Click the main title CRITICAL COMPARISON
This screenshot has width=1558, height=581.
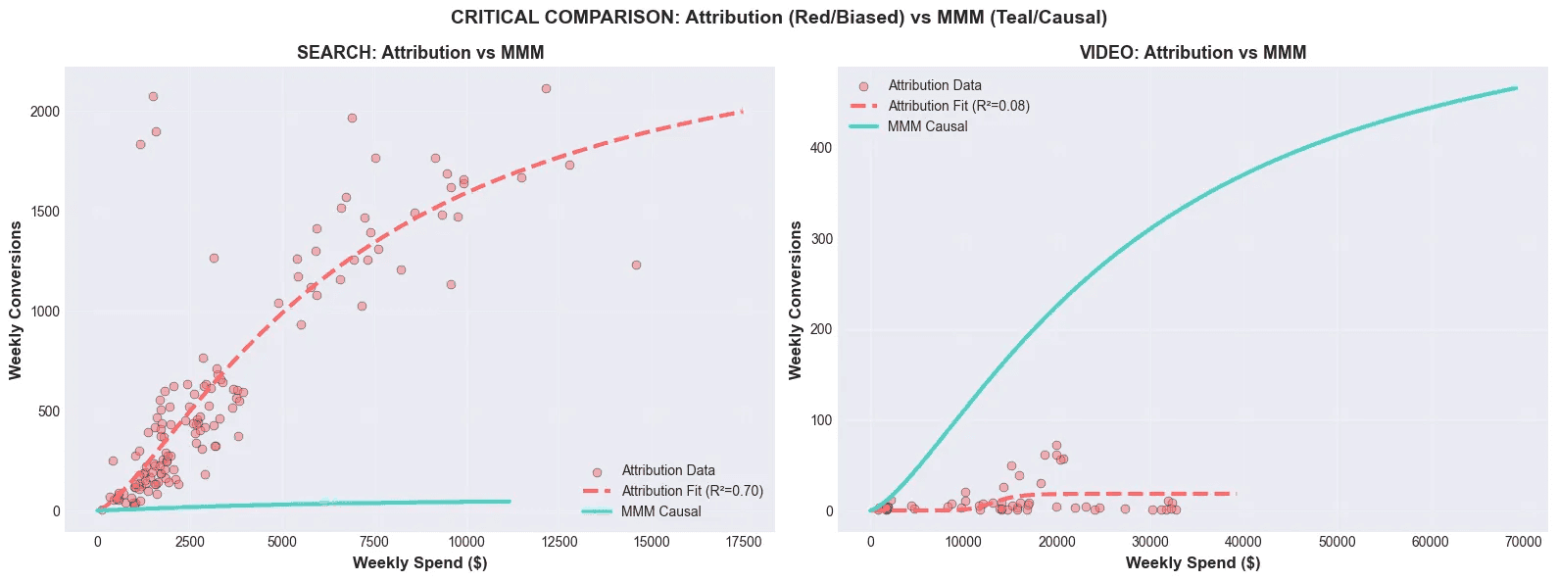point(779,18)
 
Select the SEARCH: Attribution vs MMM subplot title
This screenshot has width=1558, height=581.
point(420,53)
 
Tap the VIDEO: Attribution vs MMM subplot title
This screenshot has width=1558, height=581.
point(1193,53)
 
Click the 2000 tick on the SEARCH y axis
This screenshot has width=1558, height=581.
point(45,112)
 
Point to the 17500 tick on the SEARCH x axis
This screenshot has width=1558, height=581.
point(743,542)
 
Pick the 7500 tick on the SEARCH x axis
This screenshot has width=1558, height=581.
point(373,542)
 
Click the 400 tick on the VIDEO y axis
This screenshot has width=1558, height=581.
point(821,148)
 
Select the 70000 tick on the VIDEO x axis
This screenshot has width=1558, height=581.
point(1523,542)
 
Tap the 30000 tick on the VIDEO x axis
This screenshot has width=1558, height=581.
point(1150,542)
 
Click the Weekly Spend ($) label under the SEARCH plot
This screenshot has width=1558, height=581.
point(419,562)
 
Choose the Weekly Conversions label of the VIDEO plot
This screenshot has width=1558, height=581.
point(796,300)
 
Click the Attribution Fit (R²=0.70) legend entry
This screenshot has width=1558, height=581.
point(692,491)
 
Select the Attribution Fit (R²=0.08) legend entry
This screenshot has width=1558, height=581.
point(958,106)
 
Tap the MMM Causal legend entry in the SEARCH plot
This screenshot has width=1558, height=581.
point(660,511)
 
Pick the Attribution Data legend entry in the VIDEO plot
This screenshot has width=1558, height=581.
point(934,85)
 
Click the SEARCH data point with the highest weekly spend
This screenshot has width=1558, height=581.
point(636,265)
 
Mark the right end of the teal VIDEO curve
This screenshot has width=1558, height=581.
point(1516,88)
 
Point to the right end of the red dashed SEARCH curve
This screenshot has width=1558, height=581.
point(743,111)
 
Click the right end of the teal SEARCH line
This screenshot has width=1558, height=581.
point(510,502)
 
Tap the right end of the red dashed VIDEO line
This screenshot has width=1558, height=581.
point(1237,493)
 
